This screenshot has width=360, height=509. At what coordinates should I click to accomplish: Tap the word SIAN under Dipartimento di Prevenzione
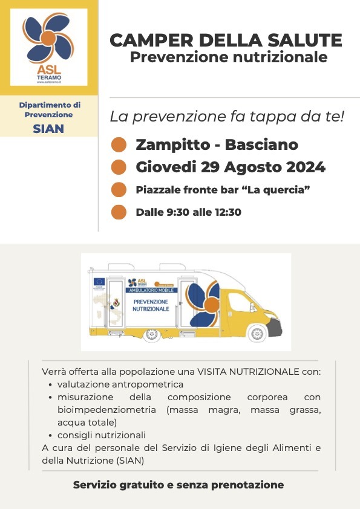(x=48, y=128)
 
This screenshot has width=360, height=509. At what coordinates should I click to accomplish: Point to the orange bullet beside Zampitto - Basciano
(x=119, y=145)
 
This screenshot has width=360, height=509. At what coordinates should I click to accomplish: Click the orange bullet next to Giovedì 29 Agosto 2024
(x=119, y=167)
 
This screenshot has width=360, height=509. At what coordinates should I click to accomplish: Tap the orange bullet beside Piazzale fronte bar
(x=119, y=190)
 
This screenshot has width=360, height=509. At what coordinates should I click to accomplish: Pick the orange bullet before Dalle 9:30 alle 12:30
(x=119, y=212)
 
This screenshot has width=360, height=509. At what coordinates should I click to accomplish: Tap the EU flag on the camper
(x=99, y=280)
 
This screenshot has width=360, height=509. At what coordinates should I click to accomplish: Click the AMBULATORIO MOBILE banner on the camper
(x=151, y=290)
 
